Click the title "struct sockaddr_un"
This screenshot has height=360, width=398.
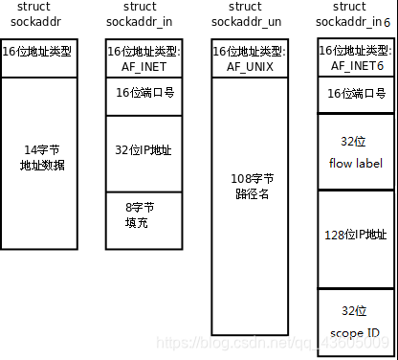247,14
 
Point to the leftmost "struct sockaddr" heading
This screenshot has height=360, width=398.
33,14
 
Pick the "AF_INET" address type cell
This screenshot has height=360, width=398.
141,59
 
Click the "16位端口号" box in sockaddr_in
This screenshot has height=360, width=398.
141,92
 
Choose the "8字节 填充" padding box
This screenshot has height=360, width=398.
141,212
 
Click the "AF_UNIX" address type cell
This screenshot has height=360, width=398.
247,59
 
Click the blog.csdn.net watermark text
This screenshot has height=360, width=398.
272,342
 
